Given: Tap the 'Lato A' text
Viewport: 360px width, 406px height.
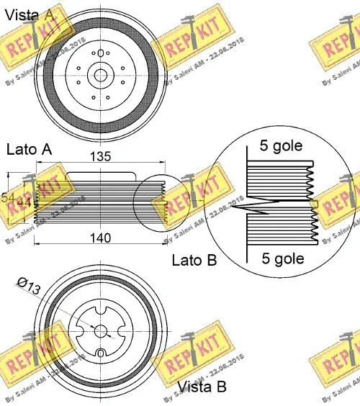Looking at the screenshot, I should pos(30,150).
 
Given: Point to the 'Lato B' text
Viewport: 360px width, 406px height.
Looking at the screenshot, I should pos(194,260).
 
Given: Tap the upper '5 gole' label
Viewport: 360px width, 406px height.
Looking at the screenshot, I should pos(280,146).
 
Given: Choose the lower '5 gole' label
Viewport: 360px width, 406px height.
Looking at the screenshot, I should pos(280,258).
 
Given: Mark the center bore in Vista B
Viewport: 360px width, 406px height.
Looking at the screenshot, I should pos(101,331).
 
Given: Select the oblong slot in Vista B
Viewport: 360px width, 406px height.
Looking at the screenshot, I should pos(102,353).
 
